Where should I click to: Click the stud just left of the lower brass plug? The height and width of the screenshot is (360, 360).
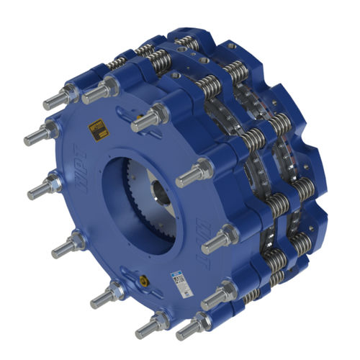pos(109,294)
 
